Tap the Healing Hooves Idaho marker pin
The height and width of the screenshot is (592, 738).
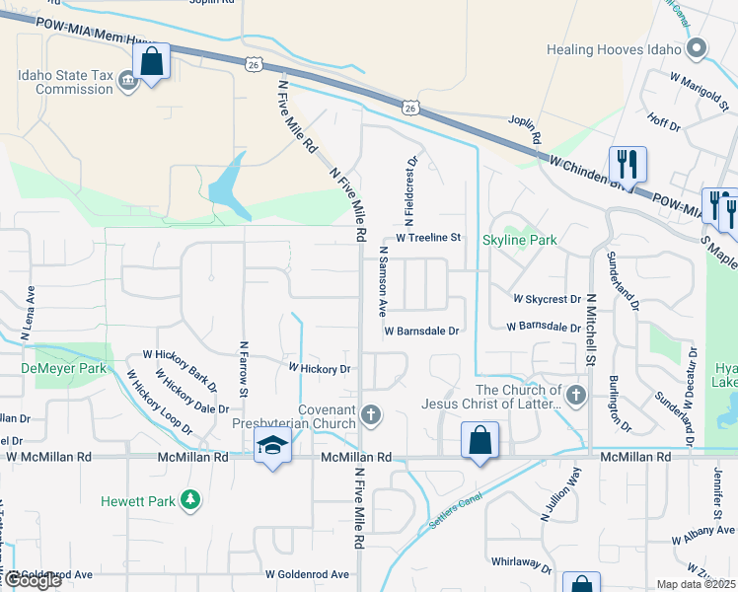coord(698,48)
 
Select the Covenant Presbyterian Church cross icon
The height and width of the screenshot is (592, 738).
coord(371,414)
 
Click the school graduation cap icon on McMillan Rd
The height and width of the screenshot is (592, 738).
coord(272,446)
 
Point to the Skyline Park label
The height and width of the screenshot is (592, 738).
coord(520,240)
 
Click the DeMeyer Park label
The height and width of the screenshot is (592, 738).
coord(49,368)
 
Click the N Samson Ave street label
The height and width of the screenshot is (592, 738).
coord(382,280)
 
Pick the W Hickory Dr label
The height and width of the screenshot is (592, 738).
coord(319,368)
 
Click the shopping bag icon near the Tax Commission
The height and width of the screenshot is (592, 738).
coord(152,62)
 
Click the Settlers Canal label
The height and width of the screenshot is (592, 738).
coord(456,510)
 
